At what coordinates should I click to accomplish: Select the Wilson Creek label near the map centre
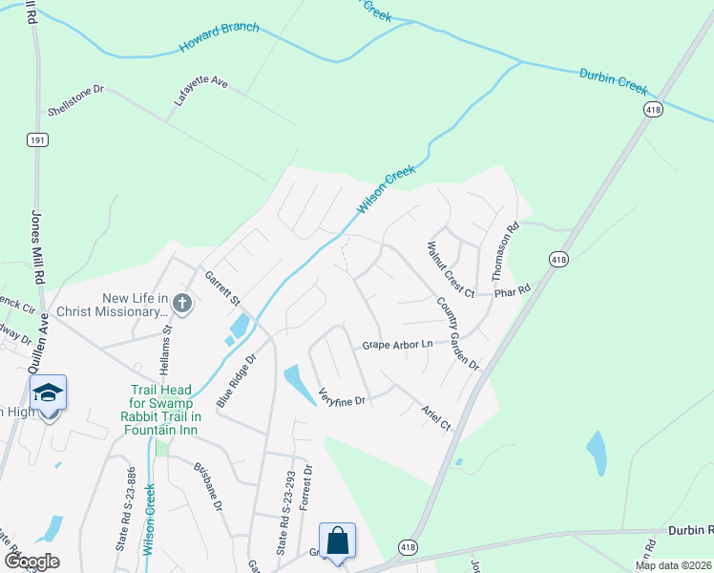(x=387, y=193)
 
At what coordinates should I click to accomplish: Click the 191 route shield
(x=36, y=139)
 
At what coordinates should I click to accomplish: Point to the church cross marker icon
(x=182, y=304)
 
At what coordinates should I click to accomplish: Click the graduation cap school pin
(x=48, y=393)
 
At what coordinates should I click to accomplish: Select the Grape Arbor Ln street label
(x=397, y=344)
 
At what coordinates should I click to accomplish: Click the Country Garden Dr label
(x=457, y=334)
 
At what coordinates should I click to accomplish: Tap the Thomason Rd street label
(x=504, y=251)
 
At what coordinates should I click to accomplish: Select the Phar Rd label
(x=511, y=290)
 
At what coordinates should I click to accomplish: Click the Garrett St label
(x=222, y=287)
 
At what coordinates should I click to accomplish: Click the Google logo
(x=31, y=562)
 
